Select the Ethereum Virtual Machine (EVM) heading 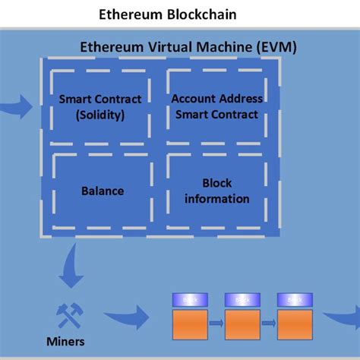tap(188, 48)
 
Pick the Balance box tap(102, 191)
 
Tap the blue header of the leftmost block tap(187, 299)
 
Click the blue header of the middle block tap(240, 299)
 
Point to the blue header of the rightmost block tap(292, 299)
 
